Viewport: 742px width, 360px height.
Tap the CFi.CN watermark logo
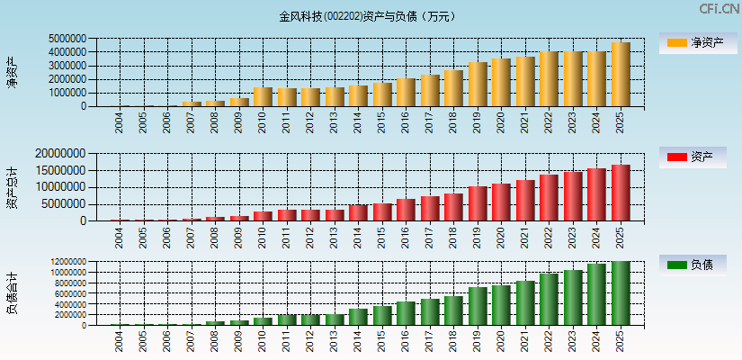[x=719, y=9]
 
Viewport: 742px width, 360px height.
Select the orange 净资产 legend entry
[x=692, y=42]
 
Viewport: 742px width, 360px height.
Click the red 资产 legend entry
[x=692, y=157]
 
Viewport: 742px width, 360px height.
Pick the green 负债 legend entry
[x=692, y=265]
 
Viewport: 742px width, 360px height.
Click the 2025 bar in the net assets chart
[x=621, y=75]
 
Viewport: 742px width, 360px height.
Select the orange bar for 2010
[x=263, y=97]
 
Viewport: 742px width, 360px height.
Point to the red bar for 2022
[x=549, y=198]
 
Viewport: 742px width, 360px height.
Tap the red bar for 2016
[x=406, y=210]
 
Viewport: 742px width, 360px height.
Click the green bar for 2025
[x=621, y=293]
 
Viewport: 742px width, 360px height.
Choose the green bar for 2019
[x=478, y=306]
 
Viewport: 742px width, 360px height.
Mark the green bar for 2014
[x=358, y=317]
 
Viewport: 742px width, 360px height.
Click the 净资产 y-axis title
[x=12, y=72]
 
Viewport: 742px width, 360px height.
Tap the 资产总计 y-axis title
[x=12, y=187]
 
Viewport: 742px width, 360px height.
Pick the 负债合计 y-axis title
[x=12, y=293]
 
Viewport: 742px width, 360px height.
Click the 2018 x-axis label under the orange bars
[x=454, y=121]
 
